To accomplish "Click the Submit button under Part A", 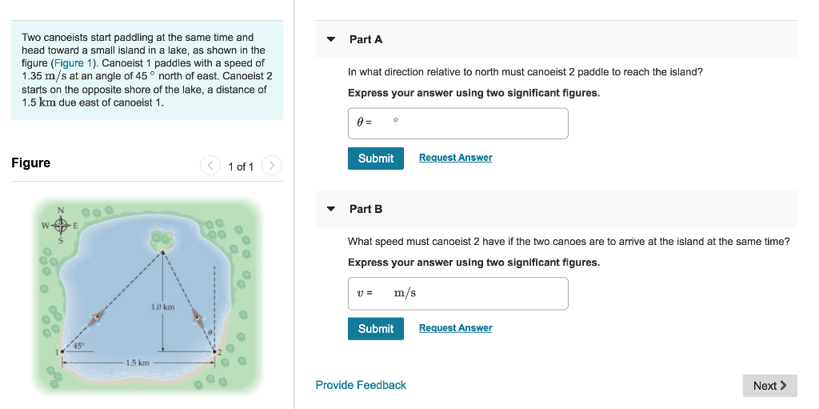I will (376, 158).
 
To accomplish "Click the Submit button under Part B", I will (376, 329).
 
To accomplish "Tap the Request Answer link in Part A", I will (455, 158).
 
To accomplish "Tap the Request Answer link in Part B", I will (455, 328).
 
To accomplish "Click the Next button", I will (769, 386).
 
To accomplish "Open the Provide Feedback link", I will (361, 386).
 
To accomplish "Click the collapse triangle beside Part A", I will (331, 39).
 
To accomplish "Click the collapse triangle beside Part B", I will (331, 209).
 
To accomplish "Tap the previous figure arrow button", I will (210, 166).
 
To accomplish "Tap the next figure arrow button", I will (272, 166).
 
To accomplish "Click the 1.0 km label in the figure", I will (162, 307).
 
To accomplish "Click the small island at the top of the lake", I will (163, 239).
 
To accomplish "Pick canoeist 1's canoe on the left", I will (98, 318).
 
